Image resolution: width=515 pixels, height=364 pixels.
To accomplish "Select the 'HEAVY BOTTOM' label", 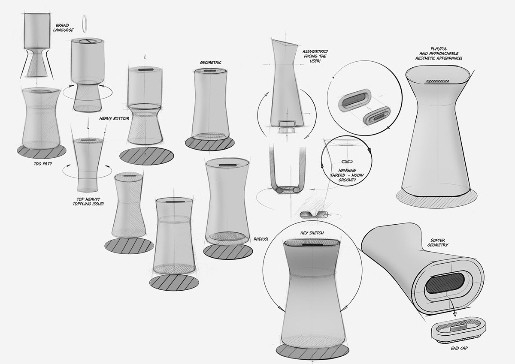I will click(x=114, y=118).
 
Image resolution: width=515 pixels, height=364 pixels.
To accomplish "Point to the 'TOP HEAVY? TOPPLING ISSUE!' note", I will click(x=88, y=202).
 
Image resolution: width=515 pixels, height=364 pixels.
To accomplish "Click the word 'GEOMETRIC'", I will click(x=210, y=62).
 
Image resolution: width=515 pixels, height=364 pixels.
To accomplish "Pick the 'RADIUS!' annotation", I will click(x=261, y=239).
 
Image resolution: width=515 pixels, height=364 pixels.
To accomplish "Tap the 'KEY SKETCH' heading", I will click(x=312, y=232).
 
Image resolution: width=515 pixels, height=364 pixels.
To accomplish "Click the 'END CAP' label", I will click(x=460, y=349).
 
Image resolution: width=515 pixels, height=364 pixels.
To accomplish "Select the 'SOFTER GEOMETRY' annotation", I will click(x=438, y=242).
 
